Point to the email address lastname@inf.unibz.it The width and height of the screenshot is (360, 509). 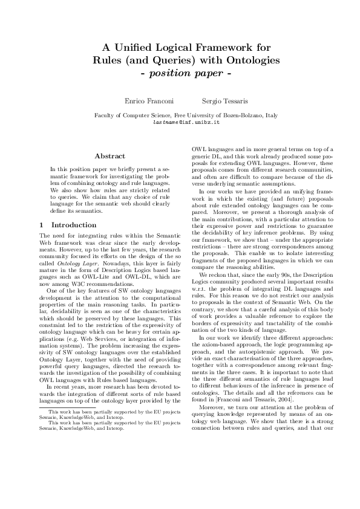click(180, 122)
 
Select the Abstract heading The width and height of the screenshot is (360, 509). click(110, 157)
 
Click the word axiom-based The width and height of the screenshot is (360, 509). click(221, 360)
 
